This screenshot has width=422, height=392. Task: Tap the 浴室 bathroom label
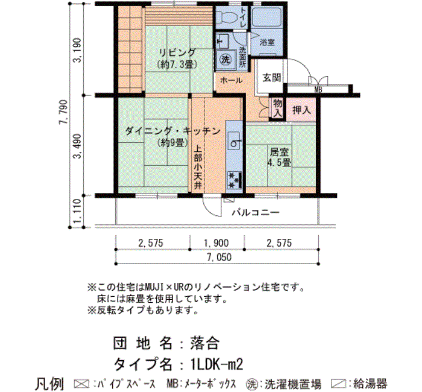[267, 42]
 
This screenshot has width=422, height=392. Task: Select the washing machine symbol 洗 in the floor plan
[225, 60]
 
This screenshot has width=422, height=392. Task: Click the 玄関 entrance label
[272, 78]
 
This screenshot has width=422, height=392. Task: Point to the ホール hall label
[231, 80]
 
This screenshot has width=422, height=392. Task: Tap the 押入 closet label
[301, 110]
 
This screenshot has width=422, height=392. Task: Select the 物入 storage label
[277, 108]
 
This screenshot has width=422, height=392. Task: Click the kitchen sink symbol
[234, 141]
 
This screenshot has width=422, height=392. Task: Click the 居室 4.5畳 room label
[279, 157]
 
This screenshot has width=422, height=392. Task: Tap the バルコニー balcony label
[256, 213]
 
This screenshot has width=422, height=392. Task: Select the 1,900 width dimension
[216, 243]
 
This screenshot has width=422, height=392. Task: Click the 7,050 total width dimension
[219, 258]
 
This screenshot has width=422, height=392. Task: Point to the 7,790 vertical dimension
[63, 112]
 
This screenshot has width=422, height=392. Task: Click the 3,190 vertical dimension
[77, 50]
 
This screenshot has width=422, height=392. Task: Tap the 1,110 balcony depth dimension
[77, 211]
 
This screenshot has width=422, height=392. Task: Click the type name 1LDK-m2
[216, 364]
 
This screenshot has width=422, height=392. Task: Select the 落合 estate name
[205, 343]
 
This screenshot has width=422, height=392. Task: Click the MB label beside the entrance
[318, 90]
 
